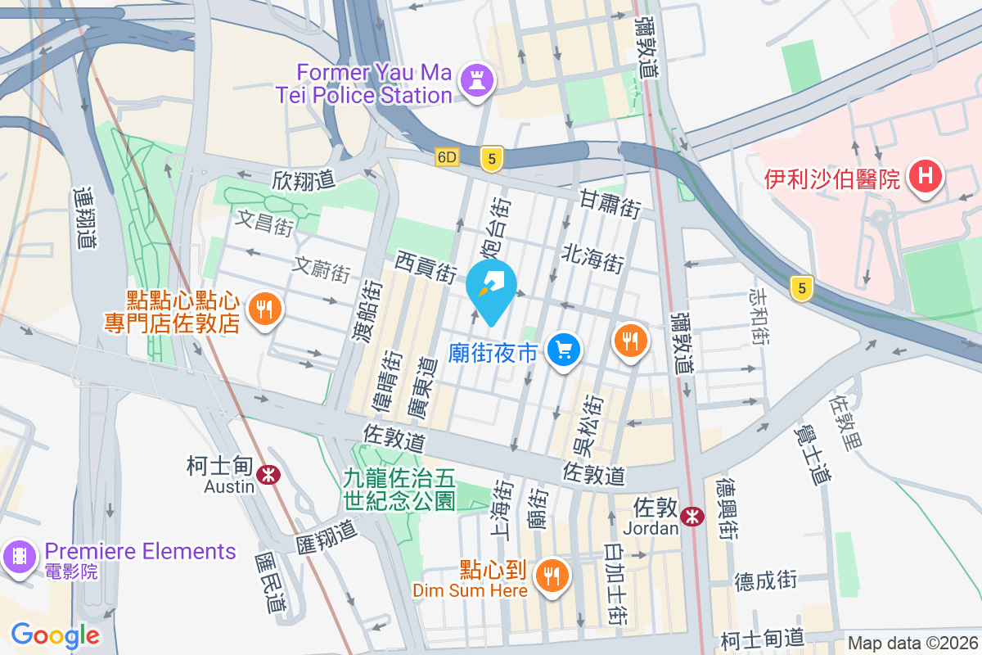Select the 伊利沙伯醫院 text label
click(x=832, y=178)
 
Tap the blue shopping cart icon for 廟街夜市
click(x=563, y=351)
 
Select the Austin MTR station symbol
click(x=268, y=473)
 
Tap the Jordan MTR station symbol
click(x=691, y=516)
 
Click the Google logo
click(x=55, y=635)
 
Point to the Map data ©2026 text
click(x=912, y=644)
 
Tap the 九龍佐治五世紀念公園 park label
click(x=399, y=488)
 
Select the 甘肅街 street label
click(x=609, y=203)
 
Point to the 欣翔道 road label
click(x=304, y=178)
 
